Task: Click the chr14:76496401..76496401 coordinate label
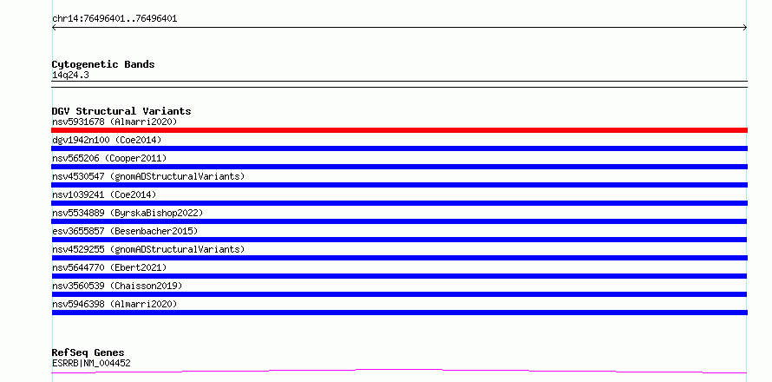(x=114, y=19)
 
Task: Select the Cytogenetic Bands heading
(x=103, y=64)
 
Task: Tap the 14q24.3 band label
(x=70, y=76)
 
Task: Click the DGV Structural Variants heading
(x=121, y=111)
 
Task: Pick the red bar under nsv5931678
(x=399, y=130)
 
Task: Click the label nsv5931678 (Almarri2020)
(x=114, y=122)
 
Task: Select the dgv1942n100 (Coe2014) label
(x=107, y=140)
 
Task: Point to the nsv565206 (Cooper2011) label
(x=109, y=158)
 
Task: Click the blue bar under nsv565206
(x=399, y=167)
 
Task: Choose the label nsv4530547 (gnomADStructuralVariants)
(x=148, y=176)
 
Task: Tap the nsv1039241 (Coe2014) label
(x=104, y=194)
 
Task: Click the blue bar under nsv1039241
(x=399, y=203)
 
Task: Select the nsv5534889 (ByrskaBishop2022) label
(x=128, y=213)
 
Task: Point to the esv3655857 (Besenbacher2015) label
(x=125, y=231)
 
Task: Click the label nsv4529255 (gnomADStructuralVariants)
(x=148, y=249)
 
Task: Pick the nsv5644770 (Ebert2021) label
(x=109, y=267)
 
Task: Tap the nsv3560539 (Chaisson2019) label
(x=117, y=286)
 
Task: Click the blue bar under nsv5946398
(x=399, y=313)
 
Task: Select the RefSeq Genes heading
(x=88, y=352)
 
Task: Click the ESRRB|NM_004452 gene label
(x=91, y=364)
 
